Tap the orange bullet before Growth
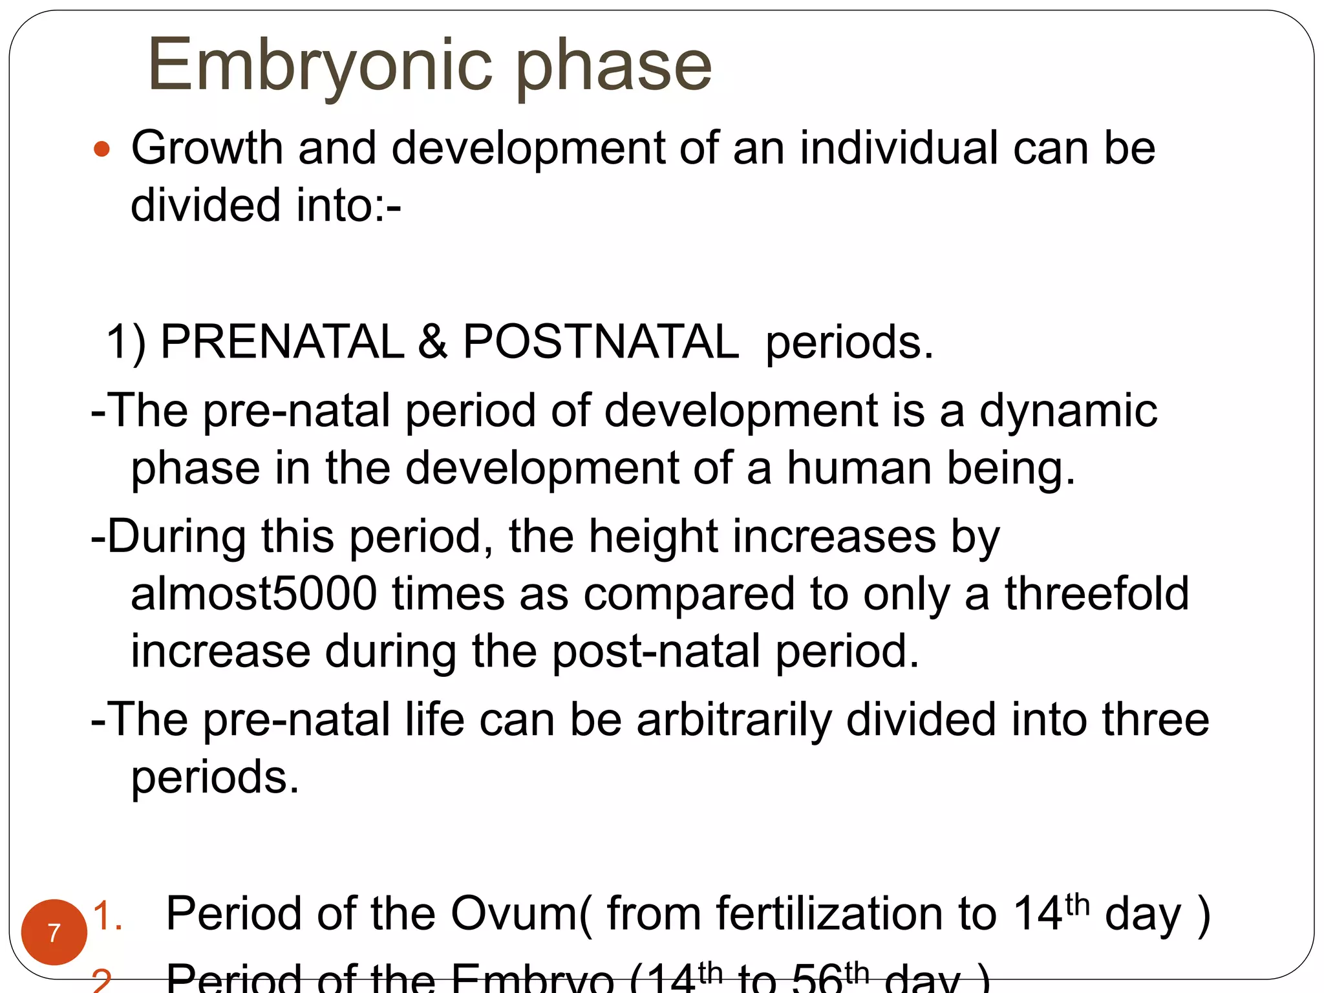tap(101, 149)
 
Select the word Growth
tap(207, 148)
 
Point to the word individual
tap(898, 148)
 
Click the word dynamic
tap(1068, 411)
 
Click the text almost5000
tap(253, 593)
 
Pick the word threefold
tap(1096, 593)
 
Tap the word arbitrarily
tap(734, 720)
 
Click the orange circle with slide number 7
tap(54, 932)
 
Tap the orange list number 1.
tap(107, 916)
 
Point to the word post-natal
tap(656, 651)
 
